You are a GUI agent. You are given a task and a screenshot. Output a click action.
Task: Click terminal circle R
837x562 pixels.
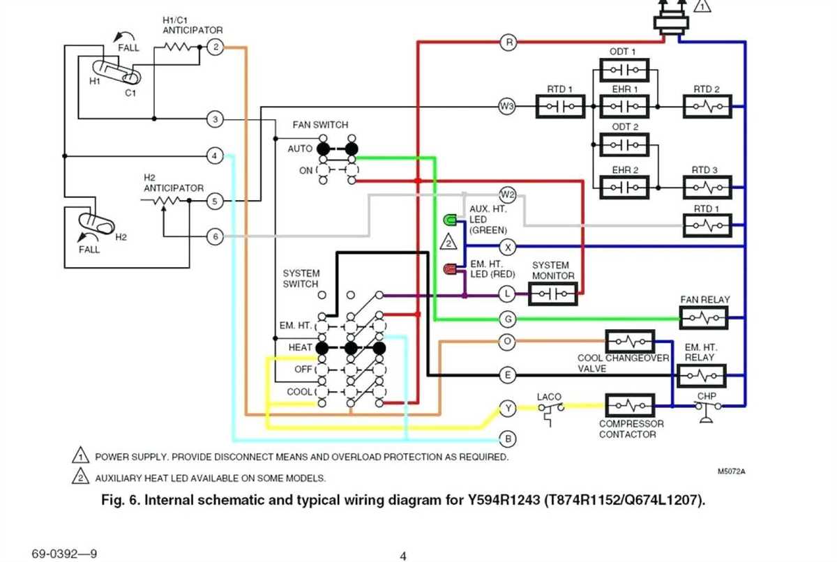click(508, 43)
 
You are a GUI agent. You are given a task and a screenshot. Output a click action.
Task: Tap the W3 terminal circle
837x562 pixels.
click(507, 106)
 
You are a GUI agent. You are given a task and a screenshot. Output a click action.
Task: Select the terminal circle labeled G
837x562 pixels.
click(508, 319)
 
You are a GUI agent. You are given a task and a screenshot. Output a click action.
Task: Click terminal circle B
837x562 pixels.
click(508, 439)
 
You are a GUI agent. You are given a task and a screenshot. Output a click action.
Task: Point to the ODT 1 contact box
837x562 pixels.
click(624, 70)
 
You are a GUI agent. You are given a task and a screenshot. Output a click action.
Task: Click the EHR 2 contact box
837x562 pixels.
click(624, 188)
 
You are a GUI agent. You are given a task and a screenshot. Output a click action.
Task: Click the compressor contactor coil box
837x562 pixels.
click(630, 405)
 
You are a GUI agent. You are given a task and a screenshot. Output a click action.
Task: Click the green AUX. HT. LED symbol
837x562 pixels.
click(450, 221)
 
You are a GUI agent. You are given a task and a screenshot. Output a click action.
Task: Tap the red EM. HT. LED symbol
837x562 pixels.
click(450, 268)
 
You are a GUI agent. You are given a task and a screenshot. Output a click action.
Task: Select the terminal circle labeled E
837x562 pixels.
click(508, 375)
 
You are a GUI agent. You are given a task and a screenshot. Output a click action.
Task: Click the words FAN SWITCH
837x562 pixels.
click(320, 125)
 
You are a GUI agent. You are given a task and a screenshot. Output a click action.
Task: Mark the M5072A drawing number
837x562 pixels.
click(732, 471)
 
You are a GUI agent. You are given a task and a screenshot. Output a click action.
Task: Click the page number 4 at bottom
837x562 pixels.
click(402, 556)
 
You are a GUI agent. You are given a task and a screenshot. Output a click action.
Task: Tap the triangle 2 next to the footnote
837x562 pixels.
click(80, 478)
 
